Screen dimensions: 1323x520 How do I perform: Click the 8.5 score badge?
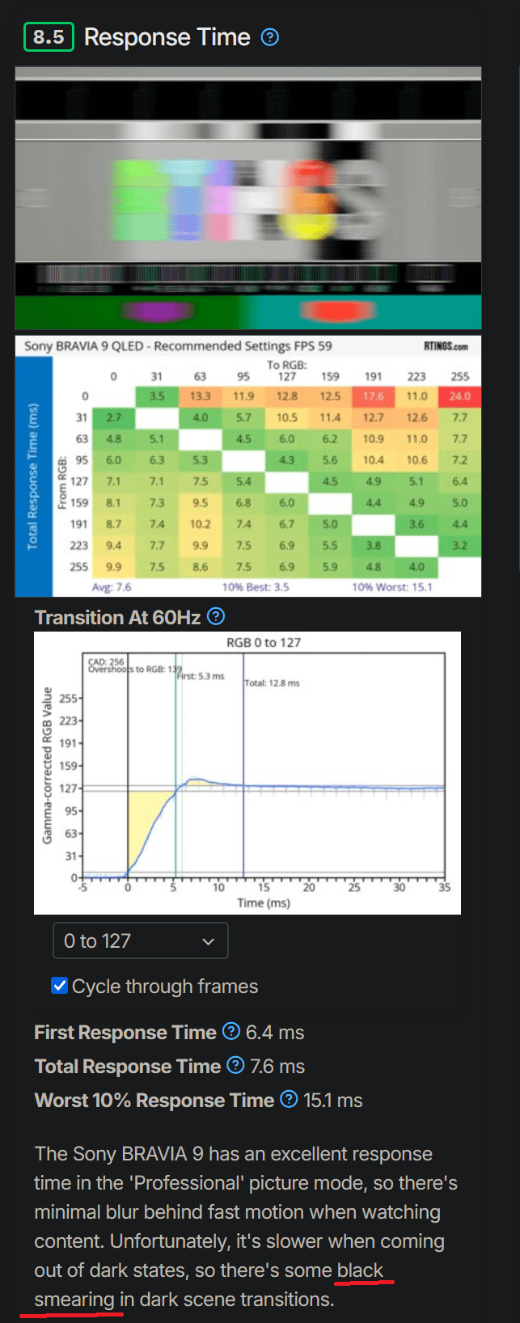[49, 37]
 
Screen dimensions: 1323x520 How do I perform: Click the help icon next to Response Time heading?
[270, 37]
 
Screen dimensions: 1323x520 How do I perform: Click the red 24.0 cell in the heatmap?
[459, 396]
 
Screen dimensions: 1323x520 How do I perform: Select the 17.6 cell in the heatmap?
[373, 396]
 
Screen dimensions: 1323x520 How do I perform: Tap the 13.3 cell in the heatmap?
[200, 396]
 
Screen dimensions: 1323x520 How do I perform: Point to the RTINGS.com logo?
[446, 346]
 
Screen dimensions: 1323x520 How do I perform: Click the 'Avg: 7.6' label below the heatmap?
[112, 587]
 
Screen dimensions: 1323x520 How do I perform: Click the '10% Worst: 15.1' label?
[391, 587]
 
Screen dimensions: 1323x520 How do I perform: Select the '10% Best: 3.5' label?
[256, 587]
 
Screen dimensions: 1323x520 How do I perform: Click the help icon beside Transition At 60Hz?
[216, 617]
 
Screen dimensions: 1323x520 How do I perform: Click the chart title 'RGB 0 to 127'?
[264, 643]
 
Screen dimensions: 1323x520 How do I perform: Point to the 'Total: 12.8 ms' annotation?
[272, 683]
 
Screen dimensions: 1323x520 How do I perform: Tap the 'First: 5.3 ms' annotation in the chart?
[201, 676]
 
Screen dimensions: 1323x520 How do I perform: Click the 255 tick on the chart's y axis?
[69, 698]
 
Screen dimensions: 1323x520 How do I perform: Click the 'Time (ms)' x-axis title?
[264, 902]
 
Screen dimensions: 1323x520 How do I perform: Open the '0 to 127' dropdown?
[141, 941]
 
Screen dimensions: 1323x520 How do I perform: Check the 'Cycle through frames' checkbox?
[59, 986]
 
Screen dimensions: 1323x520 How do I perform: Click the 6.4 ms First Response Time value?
[275, 1033]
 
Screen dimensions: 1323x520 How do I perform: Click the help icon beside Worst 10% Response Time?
[289, 1100]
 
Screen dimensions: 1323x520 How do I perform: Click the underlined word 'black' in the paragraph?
[360, 1270]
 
